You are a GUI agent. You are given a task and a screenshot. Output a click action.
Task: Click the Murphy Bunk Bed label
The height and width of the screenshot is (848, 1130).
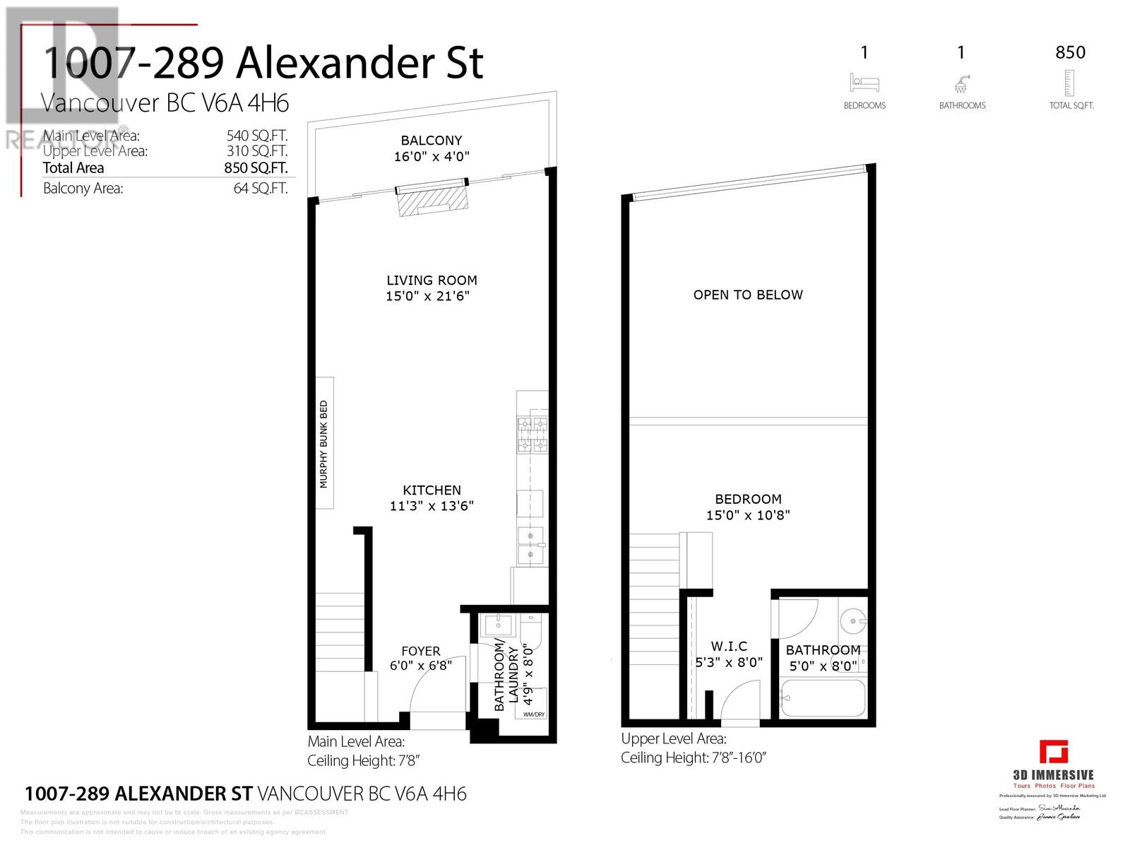click(x=323, y=444)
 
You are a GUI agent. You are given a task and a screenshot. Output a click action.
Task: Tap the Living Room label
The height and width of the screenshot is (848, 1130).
click(x=432, y=281)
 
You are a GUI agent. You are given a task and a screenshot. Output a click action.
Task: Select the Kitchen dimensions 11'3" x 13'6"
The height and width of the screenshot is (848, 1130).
click(x=432, y=506)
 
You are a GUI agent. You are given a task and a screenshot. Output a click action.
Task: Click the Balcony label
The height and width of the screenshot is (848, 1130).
click(x=432, y=141)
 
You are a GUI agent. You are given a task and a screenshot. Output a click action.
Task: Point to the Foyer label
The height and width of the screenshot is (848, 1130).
click(x=421, y=651)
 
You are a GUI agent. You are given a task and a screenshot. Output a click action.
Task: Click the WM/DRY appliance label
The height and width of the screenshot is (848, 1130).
click(x=534, y=714)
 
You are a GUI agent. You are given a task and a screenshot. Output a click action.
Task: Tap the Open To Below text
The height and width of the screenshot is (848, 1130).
click(x=748, y=295)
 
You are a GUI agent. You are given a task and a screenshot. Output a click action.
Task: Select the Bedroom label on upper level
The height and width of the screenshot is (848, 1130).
click(x=748, y=499)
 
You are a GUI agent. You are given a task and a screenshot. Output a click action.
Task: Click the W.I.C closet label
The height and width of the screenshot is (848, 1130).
click(x=729, y=646)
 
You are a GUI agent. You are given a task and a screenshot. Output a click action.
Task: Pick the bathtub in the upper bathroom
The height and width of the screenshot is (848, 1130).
click(x=823, y=699)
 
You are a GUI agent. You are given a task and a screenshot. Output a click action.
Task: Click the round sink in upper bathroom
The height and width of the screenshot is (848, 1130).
click(x=853, y=621)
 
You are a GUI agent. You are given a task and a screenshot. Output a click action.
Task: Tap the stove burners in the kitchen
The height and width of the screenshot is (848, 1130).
click(x=533, y=435)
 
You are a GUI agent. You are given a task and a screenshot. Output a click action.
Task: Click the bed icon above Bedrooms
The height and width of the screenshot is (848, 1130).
click(x=864, y=83)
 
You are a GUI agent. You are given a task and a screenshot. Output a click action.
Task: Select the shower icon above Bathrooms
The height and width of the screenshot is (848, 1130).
click(x=961, y=84)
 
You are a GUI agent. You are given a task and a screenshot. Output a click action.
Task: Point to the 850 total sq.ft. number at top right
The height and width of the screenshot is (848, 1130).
click(x=1070, y=52)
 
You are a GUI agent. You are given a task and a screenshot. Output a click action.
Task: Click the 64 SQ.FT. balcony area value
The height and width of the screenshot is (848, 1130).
click(x=261, y=189)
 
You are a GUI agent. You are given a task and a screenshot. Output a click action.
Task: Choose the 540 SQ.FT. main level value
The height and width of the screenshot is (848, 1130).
click(x=256, y=136)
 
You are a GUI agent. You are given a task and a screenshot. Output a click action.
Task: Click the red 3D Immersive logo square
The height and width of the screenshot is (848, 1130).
click(x=1053, y=751)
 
